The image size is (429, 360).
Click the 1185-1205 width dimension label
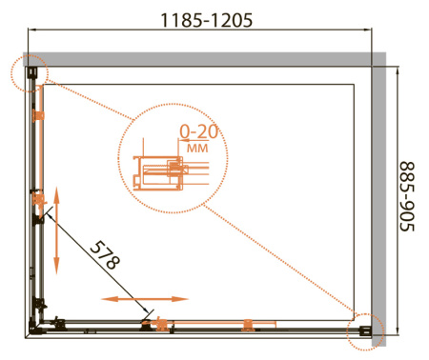tap(207, 20)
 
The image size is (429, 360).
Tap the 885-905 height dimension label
tap(407, 196)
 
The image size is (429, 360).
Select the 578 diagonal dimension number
tap(105, 255)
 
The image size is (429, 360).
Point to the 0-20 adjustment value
tap(199, 131)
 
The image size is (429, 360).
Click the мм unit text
tap(197, 148)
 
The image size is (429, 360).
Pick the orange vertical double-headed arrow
tap(56, 230)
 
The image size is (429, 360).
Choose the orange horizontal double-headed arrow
tap(145, 299)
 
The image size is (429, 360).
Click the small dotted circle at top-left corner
tap(30, 73)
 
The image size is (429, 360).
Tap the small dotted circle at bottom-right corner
tap(365, 332)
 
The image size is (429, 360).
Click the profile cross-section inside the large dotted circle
tap(170, 173)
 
